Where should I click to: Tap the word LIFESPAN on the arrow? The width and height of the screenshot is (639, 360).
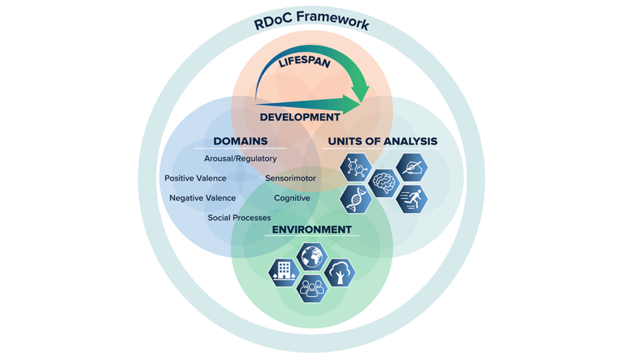305,63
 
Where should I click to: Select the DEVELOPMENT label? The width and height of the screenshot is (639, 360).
300,117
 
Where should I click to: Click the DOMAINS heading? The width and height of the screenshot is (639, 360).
240,141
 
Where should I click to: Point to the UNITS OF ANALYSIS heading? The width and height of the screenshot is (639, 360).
382,141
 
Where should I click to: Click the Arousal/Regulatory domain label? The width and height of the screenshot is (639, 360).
240,159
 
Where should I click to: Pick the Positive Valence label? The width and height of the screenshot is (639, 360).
195,178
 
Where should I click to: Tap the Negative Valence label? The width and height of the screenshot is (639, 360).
202,198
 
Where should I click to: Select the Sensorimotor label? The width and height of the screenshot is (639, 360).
290,178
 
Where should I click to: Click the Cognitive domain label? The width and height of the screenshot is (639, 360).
292,198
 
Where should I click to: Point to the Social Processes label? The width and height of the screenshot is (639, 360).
239,218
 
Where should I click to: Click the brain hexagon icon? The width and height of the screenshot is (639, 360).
384,183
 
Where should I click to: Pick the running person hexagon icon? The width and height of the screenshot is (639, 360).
412,199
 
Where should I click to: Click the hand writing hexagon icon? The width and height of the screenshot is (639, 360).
412,167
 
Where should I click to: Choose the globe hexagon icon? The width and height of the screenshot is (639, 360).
312,257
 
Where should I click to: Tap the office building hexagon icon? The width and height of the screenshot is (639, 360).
283,272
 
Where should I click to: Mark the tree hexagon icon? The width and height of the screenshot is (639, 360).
340,272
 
